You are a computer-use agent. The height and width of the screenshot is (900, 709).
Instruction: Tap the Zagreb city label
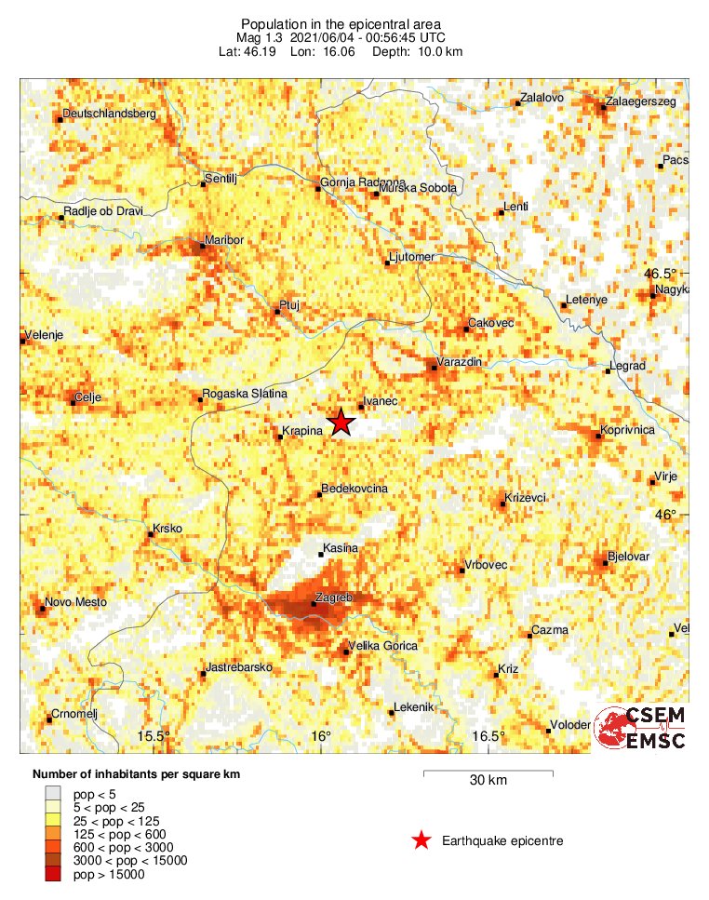click(x=332, y=597)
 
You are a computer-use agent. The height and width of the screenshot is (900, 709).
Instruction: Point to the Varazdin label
click(x=459, y=361)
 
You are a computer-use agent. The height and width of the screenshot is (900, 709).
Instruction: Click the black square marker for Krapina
click(x=280, y=437)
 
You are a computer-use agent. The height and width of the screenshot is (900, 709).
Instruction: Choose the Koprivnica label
click(x=629, y=430)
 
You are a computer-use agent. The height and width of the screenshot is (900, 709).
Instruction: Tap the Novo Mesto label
click(x=73, y=603)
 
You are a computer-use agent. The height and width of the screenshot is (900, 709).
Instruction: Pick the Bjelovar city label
click(x=628, y=557)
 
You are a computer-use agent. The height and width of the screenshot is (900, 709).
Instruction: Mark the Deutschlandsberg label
click(x=110, y=114)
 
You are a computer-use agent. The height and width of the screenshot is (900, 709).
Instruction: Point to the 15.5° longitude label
click(x=154, y=736)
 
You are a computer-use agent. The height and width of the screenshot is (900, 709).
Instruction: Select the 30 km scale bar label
click(x=488, y=781)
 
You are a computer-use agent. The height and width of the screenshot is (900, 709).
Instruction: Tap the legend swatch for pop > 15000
click(x=57, y=874)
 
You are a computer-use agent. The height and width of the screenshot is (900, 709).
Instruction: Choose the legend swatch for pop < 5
click(x=57, y=793)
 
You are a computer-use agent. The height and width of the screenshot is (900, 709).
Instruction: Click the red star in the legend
click(x=421, y=841)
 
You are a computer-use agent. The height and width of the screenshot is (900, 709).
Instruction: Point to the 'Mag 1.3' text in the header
click(x=259, y=37)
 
